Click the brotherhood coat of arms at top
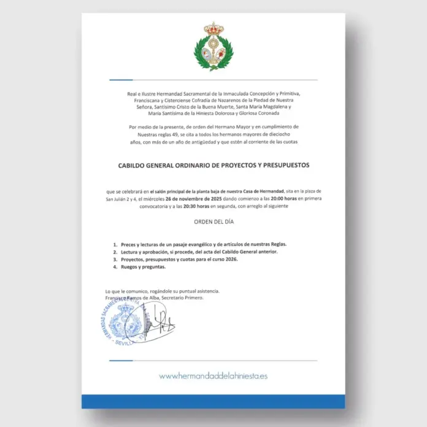click(x=213, y=47)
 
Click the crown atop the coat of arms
click(x=213, y=29)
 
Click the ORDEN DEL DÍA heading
click(x=213, y=222)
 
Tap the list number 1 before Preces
click(x=115, y=244)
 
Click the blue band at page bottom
click(x=213, y=401)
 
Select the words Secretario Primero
click(x=181, y=298)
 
